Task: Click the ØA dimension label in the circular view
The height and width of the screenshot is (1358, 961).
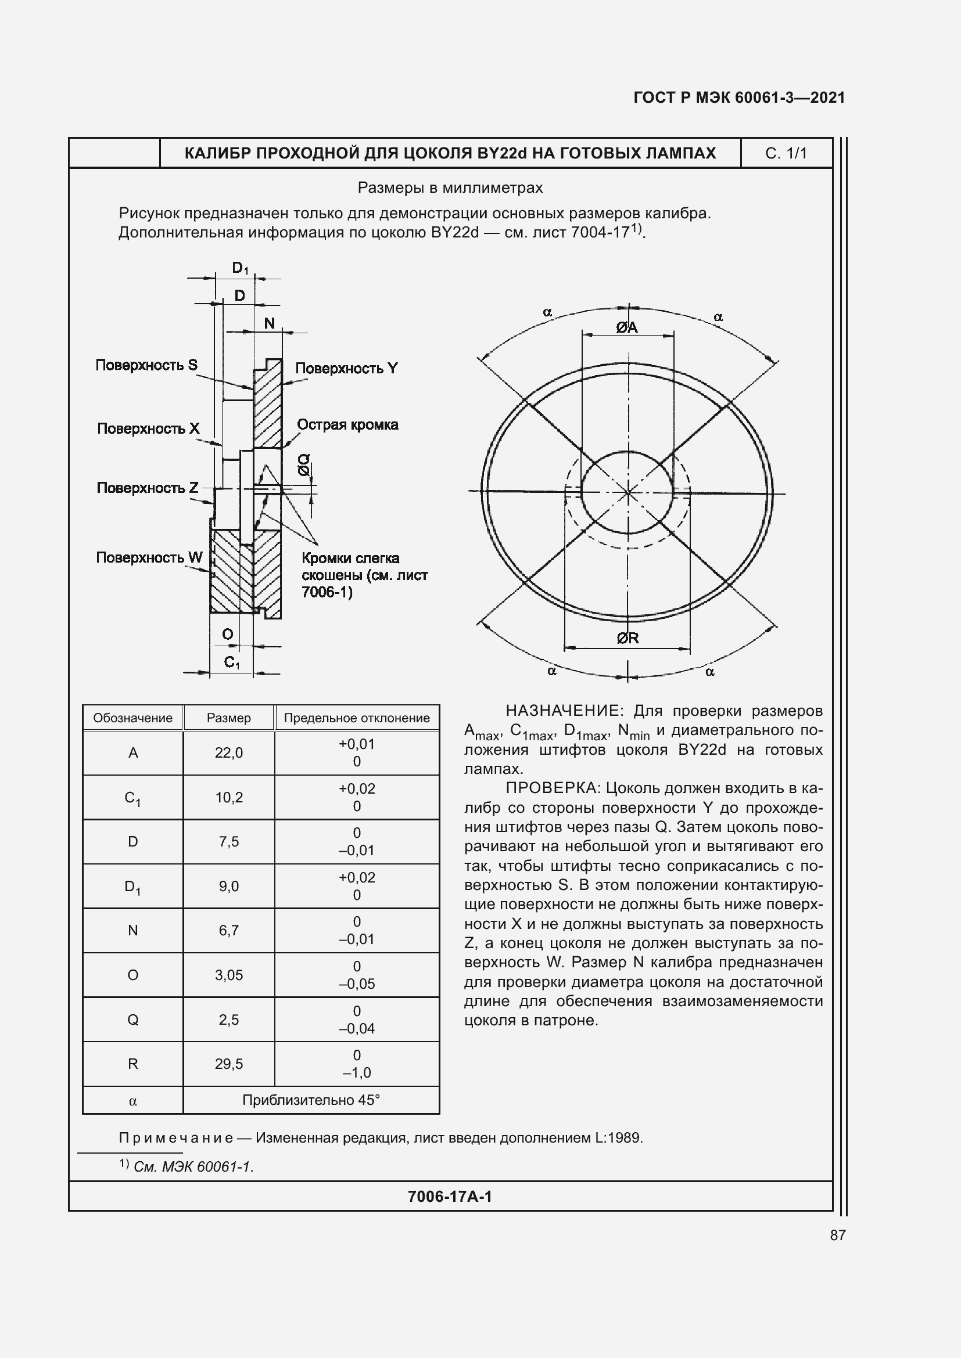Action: [x=627, y=327]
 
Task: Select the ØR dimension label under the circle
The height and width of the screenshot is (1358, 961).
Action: [x=627, y=638]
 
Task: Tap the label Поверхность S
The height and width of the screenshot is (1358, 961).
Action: [x=146, y=365]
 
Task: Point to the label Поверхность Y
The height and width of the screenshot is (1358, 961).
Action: [x=346, y=369]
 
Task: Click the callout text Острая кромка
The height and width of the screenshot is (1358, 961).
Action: [x=347, y=424]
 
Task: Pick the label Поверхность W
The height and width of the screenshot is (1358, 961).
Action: [x=149, y=557]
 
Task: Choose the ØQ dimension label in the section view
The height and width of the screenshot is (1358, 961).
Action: [x=303, y=465]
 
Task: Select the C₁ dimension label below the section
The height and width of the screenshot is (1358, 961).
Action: [x=231, y=662]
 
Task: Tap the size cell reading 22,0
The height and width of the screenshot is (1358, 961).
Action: [x=228, y=753]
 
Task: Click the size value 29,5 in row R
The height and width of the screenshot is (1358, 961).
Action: [x=228, y=1064]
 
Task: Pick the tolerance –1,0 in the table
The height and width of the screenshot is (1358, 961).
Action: [x=356, y=1073]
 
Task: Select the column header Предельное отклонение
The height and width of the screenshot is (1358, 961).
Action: [x=356, y=718]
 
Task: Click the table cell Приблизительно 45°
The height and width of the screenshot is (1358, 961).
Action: [x=311, y=1100]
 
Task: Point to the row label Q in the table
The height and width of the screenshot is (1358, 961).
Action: [x=132, y=1020]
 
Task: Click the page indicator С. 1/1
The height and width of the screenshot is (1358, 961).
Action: [x=786, y=153]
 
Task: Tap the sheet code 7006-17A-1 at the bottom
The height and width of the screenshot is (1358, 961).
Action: [x=450, y=1197]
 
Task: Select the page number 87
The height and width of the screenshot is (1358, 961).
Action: [x=837, y=1235]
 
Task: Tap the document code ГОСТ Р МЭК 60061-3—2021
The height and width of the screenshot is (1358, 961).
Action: [x=739, y=98]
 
